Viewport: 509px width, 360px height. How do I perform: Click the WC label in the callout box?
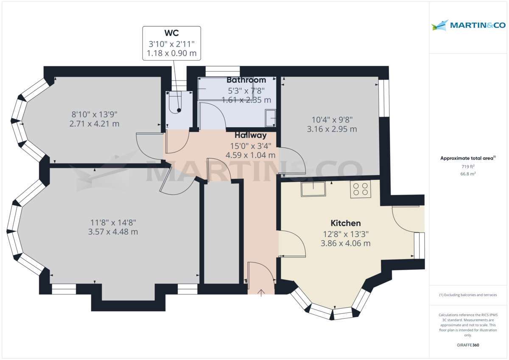click(x=171, y=33)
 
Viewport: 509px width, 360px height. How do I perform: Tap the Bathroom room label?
click(x=246, y=80)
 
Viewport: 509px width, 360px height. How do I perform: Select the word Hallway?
click(x=250, y=135)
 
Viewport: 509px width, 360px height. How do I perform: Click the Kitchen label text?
click(x=346, y=223)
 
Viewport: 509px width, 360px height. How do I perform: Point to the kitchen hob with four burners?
click(x=361, y=189)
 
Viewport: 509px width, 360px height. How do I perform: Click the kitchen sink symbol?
click(x=313, y=189)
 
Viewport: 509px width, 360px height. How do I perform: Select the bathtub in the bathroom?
click(x=225, y=89)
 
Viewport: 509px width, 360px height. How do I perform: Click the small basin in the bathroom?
click(x=271, y=118)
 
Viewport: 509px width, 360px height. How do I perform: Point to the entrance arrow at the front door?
click(x=261, y=293)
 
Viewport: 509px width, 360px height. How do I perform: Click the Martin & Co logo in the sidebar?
click(x=468, y=25)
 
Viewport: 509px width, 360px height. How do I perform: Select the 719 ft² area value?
click(x=468, y=167)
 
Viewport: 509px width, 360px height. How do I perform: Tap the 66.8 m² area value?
click(x=468, y=174)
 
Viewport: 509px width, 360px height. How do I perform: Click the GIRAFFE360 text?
click(x=468, y=345)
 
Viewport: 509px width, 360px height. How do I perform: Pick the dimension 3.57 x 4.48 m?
click(x=113, y=232)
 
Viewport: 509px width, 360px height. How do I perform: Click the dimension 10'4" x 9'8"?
click(x=332, y=120)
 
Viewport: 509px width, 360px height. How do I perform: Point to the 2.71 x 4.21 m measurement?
click(x=94, y=124)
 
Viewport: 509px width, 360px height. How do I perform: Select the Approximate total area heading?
click(x=468, y=158)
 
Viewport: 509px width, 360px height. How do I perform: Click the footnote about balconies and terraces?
click(x=468, y=295)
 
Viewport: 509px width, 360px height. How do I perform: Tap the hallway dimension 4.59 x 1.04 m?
click(x=250, y=155)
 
